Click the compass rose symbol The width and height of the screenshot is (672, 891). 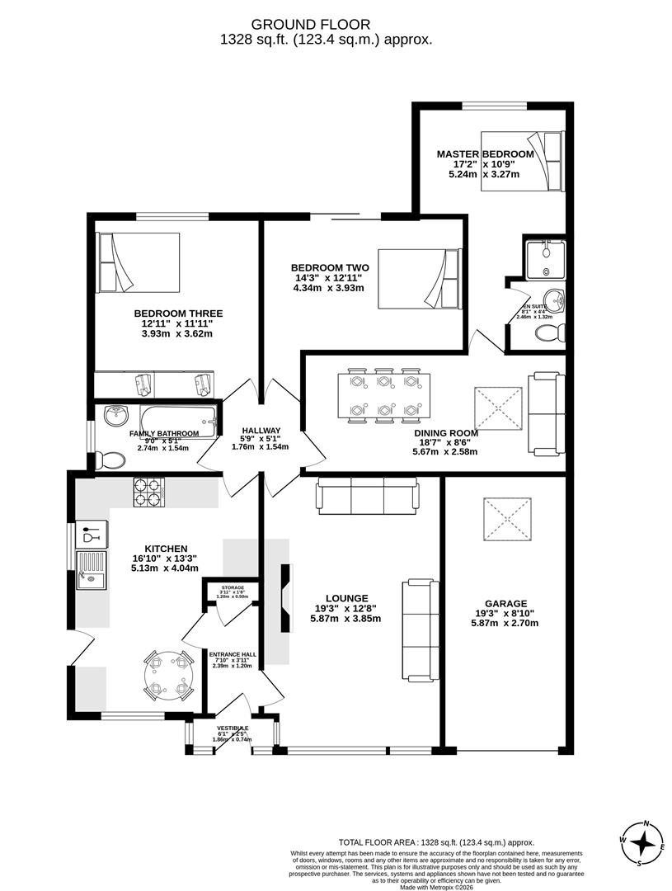tap(643, 843)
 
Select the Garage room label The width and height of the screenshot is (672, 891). tap(505, 603)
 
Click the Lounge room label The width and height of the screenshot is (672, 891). tap(346, 598)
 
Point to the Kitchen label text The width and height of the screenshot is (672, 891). tap(166, 549)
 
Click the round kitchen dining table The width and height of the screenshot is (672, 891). tap(169, 676)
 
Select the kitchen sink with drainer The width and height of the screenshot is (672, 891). tap(90, 571)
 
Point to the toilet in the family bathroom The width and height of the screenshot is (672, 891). tap(107, 460)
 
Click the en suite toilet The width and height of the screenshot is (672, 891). tap(549, 332)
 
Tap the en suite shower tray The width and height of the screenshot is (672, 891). tap(544, 260)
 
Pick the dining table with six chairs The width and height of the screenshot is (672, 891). tap(383, 394)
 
